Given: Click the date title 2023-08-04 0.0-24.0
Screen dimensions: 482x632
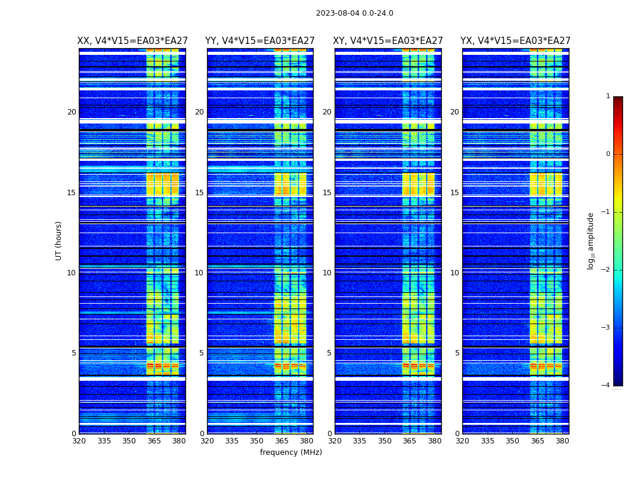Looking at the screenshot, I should pyautogui.click(x=355, y=13).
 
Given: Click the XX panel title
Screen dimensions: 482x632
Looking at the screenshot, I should pyautogui.click(x=132, y=41).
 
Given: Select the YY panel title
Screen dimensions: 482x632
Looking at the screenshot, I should pyautogui.click(x=260, y=41).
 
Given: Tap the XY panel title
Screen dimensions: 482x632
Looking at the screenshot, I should pyautogui.click(x=388, y=41).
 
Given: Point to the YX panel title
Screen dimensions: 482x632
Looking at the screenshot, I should pyautogui.click(x=516, y=41).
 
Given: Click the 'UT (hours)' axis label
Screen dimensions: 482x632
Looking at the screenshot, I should pyautogui.click(x=59, y=240).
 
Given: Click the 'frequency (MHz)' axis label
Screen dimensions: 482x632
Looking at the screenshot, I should pyautogui.click(x=291, y=452).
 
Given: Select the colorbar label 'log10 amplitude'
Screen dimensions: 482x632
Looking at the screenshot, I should pyautogui.click(x=591, y=240).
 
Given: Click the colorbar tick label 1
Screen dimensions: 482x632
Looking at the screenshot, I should pyautogui.click(x=608, y=96).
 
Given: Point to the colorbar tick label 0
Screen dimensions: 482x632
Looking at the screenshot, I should pyautogui.click(x=608, y=154).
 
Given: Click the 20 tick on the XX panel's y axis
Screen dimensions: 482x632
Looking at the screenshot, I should pyautogui.click(x=72, y=112).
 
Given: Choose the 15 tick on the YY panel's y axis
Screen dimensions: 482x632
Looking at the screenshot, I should pyautogui.click(x=199, y=193).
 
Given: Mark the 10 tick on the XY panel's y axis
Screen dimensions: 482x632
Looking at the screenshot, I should pyautogui.click(x=327, y=273).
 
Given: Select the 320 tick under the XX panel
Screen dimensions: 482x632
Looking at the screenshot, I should pyautogui.click(x=79, y=441).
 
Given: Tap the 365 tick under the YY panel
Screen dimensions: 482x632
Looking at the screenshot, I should pyautogui.click(x=282, y=441).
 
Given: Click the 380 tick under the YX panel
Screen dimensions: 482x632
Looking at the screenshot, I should pyautogui.click(x=562, y=441).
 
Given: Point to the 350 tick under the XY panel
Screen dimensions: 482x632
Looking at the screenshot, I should pyautogui.click(x=385, y=441).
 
